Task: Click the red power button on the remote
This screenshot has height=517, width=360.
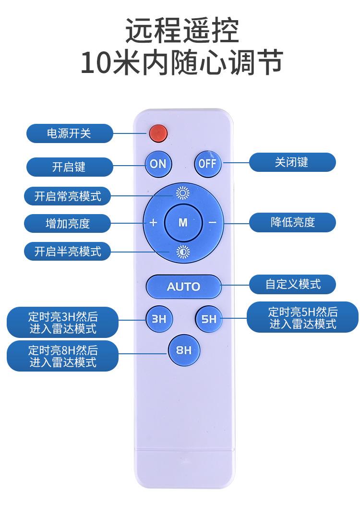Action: coord(158,133)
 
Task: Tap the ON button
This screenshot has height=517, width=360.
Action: coord(158,164)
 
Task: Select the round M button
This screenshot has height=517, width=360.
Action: coord(183,223)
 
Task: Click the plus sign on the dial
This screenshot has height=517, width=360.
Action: coord(153,223)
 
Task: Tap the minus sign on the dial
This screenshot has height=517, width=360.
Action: coord(213,223)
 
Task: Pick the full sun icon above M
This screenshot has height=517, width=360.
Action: coord(183,193)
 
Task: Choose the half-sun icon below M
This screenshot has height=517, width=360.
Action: coord(183,252)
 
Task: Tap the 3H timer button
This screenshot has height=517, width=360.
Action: coord(159,319)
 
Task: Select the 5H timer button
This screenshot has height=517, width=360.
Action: coord(209,319)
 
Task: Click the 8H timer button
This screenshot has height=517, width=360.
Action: coord(184,350)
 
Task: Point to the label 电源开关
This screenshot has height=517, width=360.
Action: coord(70,133)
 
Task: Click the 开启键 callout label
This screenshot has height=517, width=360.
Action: coord(70,167)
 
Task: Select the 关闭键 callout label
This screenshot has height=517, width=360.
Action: coord(292,162)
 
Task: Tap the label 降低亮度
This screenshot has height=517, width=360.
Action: coord(292,223)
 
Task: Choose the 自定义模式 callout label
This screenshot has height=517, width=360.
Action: coord(292,284)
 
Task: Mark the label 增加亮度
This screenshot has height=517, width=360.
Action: coord(67,224)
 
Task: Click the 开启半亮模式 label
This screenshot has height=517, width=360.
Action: coord(67,251)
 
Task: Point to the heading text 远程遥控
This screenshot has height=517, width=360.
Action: coord(182,31)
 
